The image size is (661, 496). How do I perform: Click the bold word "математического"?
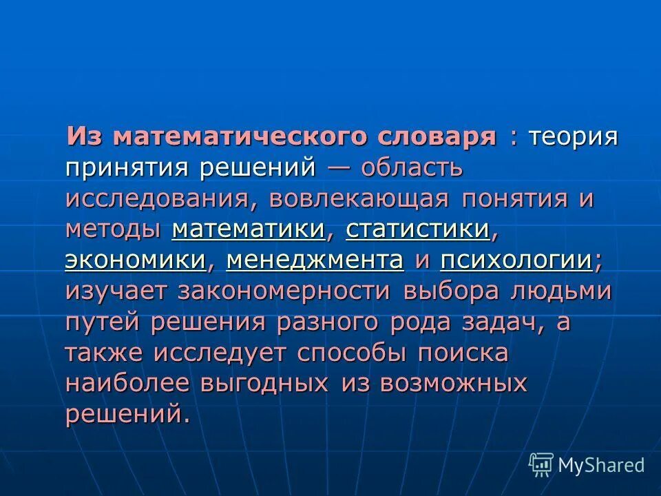(x=244, y=136)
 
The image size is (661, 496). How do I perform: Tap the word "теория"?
(x=573, y=136)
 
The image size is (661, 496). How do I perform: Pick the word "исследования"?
(x=162, y=198)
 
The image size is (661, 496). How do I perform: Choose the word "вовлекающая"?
(x=359, y=198)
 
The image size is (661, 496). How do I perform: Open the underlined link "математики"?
(x=249, y=229)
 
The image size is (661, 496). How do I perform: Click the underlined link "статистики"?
(x=418, y=229)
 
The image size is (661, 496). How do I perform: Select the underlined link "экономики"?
(x=136, y=260)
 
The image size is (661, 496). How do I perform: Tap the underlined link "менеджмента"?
(x=315, y=260)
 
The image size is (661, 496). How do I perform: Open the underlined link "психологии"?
(x=516, y=260)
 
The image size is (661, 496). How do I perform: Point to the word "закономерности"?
(x=284, y=291)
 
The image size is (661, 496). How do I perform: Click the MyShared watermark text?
(x=601, y=465)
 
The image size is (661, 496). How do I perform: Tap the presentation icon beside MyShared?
(x=541, y=465)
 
